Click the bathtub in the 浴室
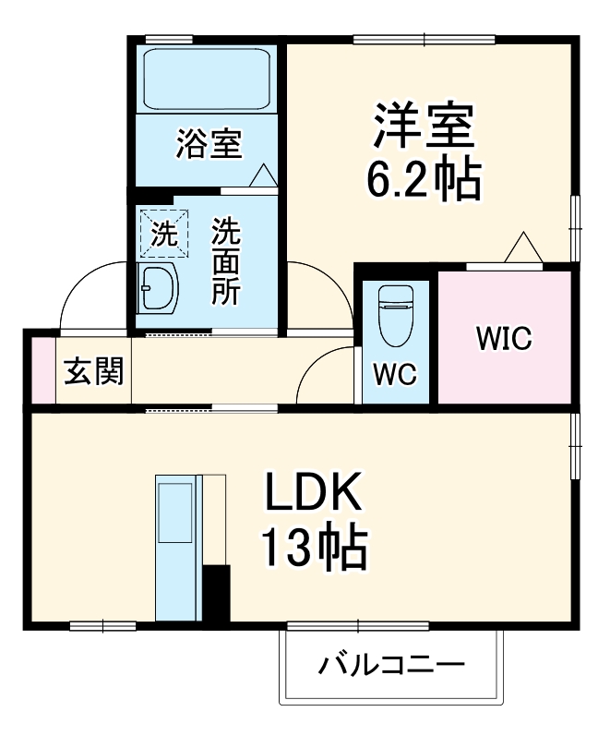click(x=207, y=78)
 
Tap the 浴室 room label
click(x=209, y=143)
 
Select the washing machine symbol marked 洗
click(x=164, y=234)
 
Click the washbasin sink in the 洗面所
click(x=157, y=287)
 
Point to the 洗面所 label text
click(x=226, y=260)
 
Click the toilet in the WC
click(x=396, y=315)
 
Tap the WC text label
click(x=395, y=374)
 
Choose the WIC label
click(x=505, y=337)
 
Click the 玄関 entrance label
click(x=94, y=371)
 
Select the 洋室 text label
click(x=424, y=125)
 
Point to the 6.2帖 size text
click(x=424, y=180)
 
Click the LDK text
click(x=314, y=491)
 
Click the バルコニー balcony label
click(x=391, y=664)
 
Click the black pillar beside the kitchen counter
click(x=216, y=594)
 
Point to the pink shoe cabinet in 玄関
click(x=43, y=370)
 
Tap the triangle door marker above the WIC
click(x=523, y=247)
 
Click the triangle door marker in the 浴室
click(x=263, y=175)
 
